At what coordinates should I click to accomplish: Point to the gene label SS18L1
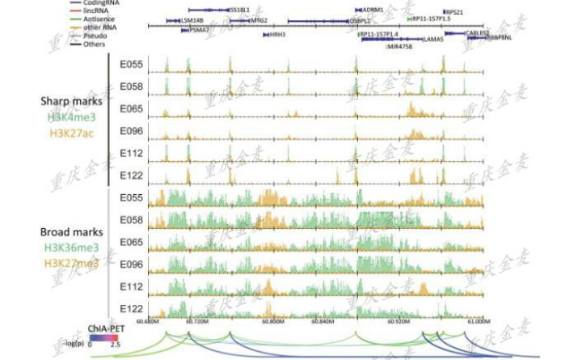[x=240, y=11]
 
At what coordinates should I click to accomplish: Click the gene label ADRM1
[x=373, y=11]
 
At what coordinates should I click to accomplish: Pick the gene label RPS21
[x=455, y=12]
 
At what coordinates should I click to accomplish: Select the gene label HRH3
[x=277, y=35]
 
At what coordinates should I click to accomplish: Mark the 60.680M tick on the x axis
[x=149, y=321]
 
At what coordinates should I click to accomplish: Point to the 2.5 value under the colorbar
[x=116, y=345]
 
